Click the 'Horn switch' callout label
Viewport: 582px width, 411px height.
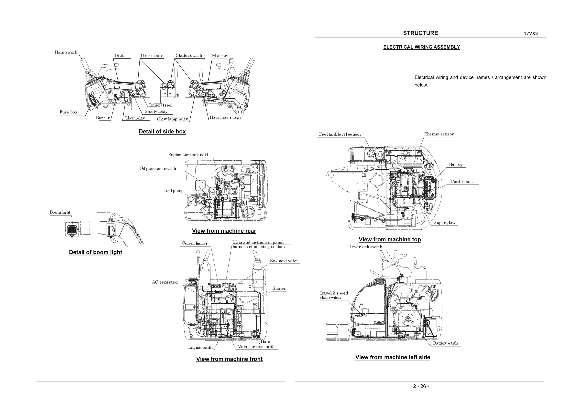(66, 52)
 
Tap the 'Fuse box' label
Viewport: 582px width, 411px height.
(68, 112)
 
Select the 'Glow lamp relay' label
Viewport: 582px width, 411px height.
(172, 119)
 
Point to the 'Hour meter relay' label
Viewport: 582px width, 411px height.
(225, 117)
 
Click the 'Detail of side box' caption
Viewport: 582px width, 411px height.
(162, 132)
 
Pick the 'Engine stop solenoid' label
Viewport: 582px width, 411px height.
(188, 155)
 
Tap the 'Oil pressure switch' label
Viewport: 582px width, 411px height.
(158, 169)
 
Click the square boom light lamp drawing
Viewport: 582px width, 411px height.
(72, 230)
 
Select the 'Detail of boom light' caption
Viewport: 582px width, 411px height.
(96, 252)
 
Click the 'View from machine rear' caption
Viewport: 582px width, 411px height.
(224, 231)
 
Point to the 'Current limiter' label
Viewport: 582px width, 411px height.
(194, 244)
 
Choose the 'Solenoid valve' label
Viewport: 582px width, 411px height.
(284, 261)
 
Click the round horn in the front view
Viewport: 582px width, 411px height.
(254, 334)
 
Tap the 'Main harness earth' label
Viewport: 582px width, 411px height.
(256, 347)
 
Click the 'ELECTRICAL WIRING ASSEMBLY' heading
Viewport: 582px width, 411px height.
(421, 47)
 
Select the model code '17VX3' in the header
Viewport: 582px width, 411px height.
(531, 33)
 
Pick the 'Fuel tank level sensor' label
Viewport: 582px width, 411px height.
(340, 134)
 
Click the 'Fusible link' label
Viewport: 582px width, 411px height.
(461, 181)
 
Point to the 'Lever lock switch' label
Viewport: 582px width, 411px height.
(365, 247)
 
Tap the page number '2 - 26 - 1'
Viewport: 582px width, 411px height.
(423, 386)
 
